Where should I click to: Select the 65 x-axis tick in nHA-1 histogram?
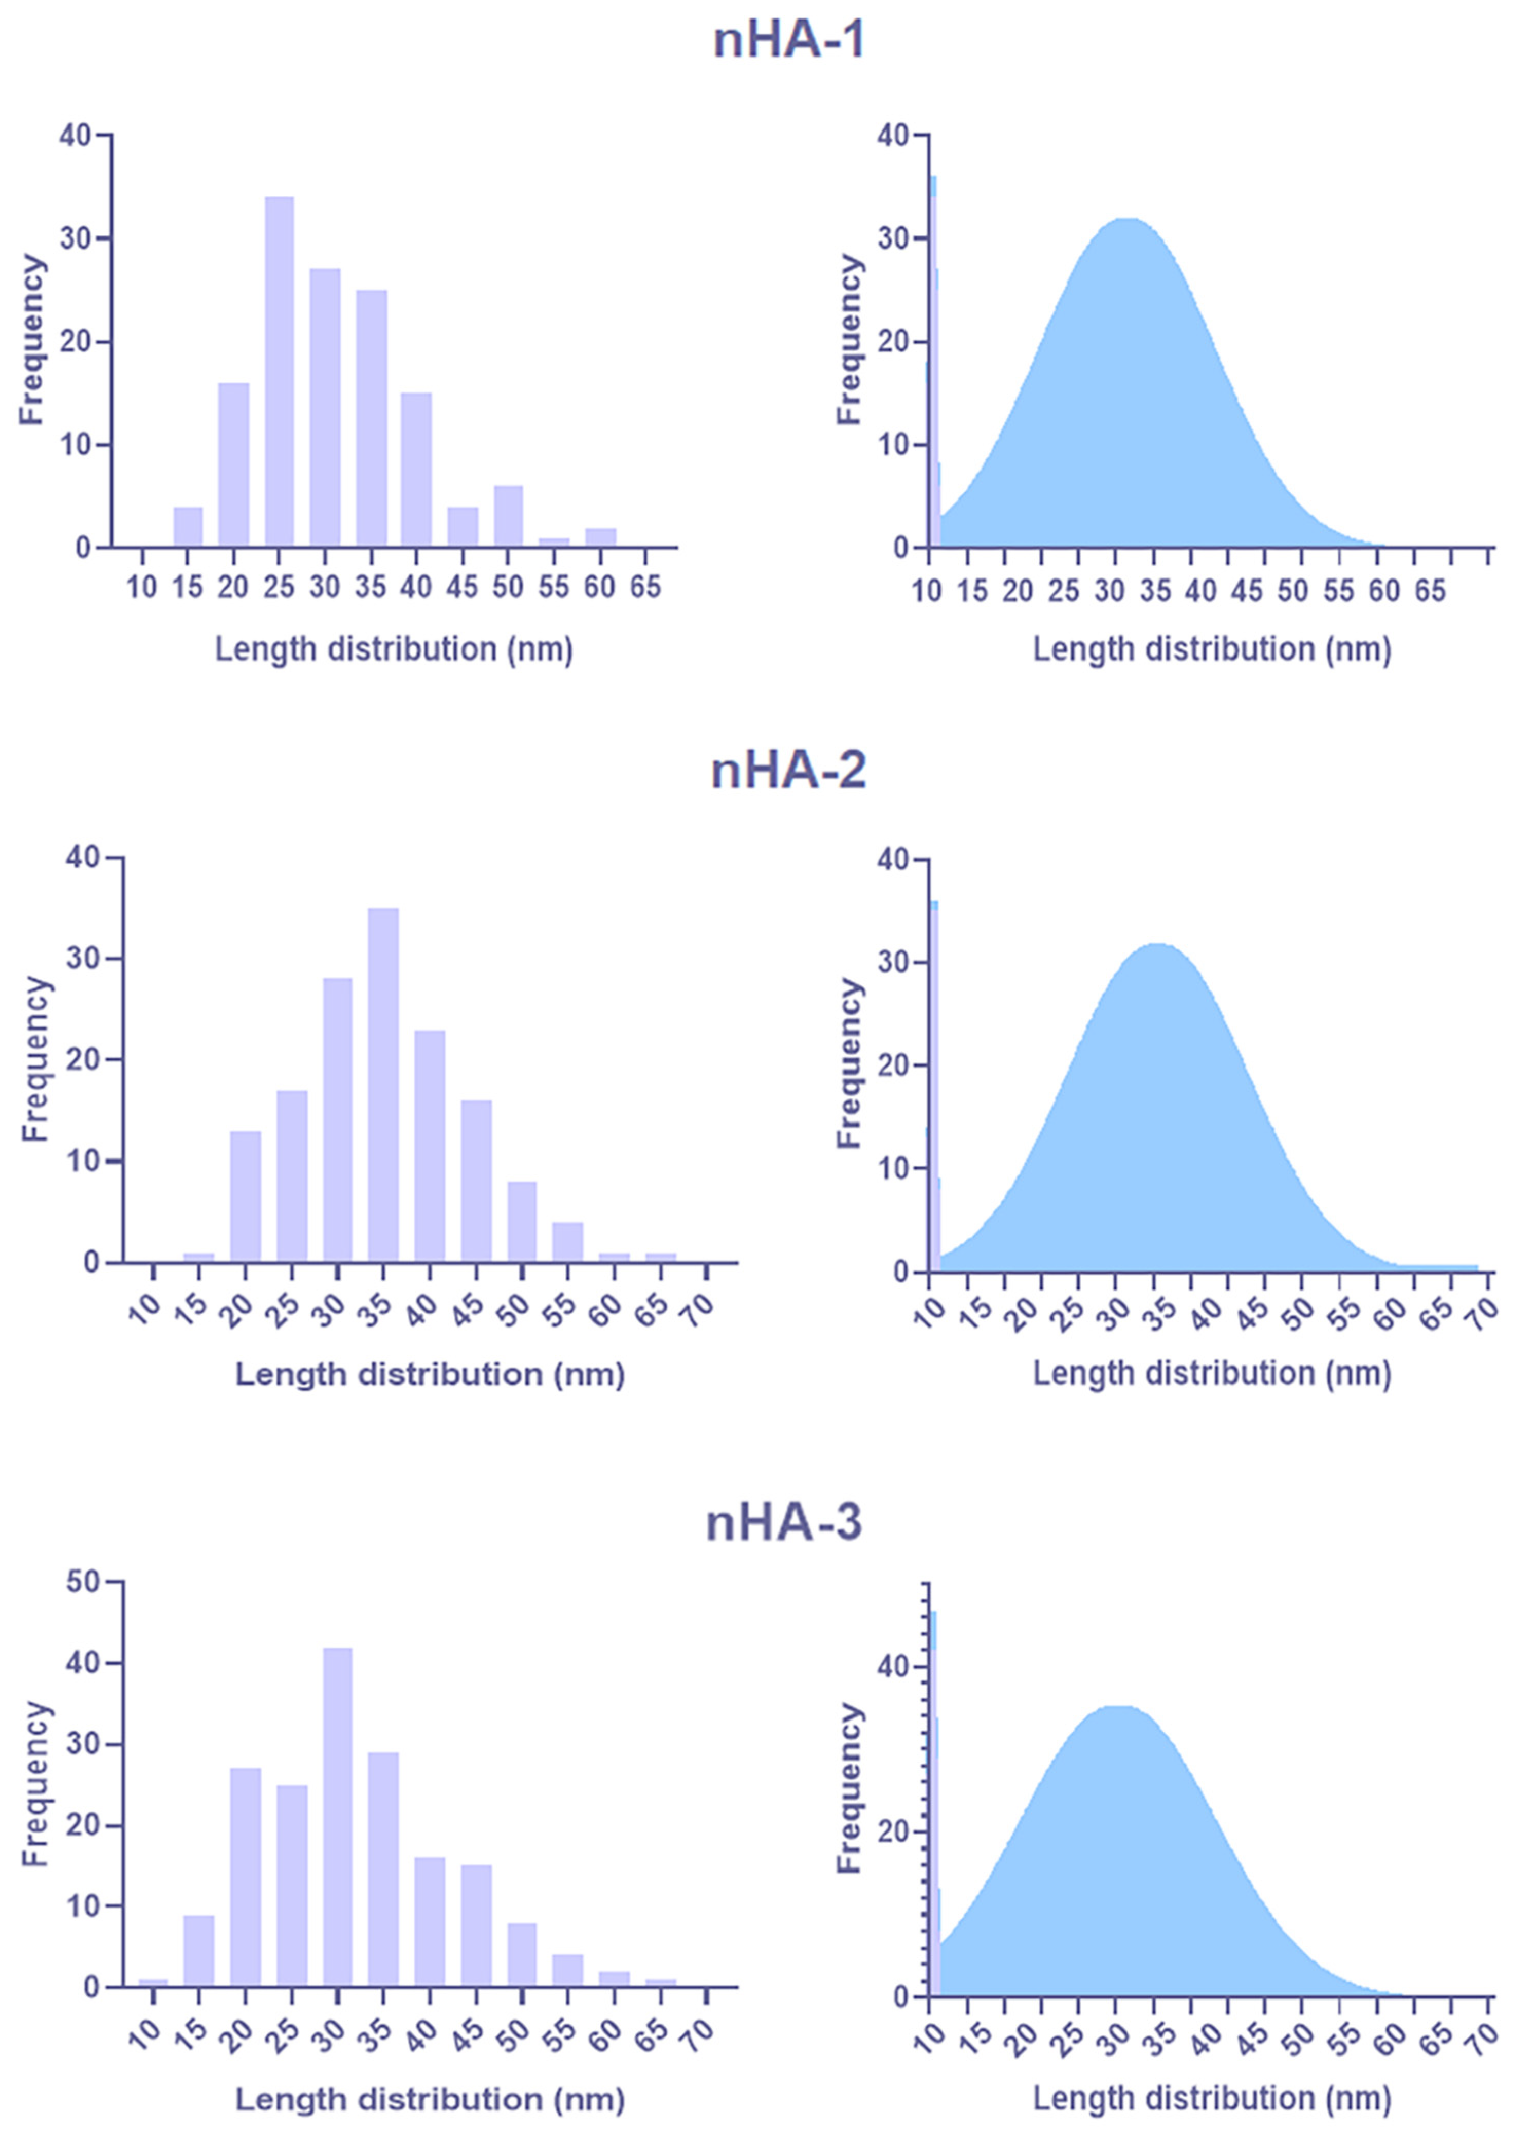[645, 588]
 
